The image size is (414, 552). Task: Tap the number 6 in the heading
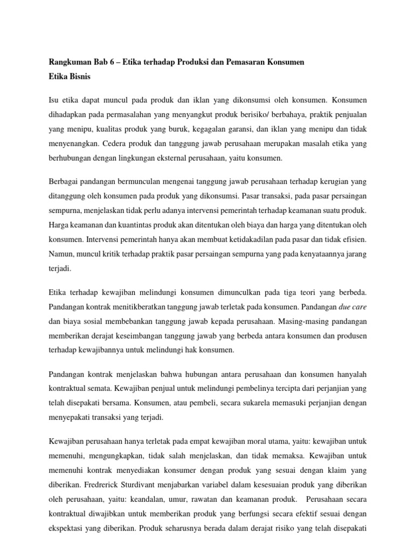[x=111, y=63]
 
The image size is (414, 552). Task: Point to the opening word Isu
[x=54, y=100]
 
